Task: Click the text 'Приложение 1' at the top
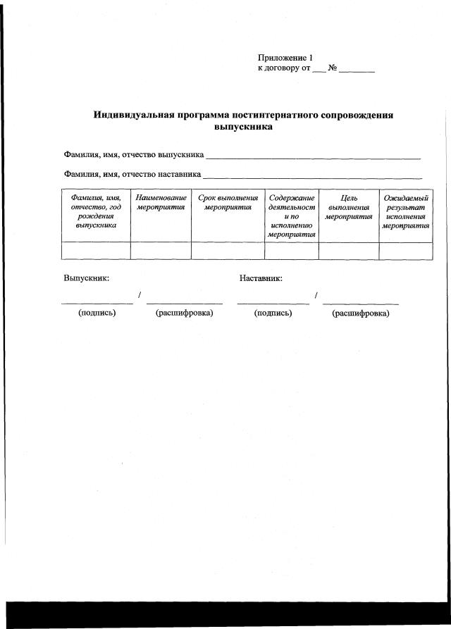tap(285, 58)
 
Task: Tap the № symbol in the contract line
tap(333, 69)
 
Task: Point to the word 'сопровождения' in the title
tap(358, 115)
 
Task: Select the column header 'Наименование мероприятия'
tap(161, 204)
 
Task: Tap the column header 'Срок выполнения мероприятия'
tap(228, 204)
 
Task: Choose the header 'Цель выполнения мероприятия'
tap(348, 208)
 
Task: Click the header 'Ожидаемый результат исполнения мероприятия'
tap(406, 213)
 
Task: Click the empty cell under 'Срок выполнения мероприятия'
tap(228, 251)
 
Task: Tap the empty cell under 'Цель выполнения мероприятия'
tap(348, 251)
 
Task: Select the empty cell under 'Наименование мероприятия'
tap(161, 251)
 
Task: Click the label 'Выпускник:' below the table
tap(86, 278)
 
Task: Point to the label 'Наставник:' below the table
tap(261, 278)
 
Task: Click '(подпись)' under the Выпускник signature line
tap(97, 313)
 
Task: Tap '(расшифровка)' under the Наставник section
tap(360, 313)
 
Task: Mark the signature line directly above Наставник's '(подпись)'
tap(273, 303)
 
